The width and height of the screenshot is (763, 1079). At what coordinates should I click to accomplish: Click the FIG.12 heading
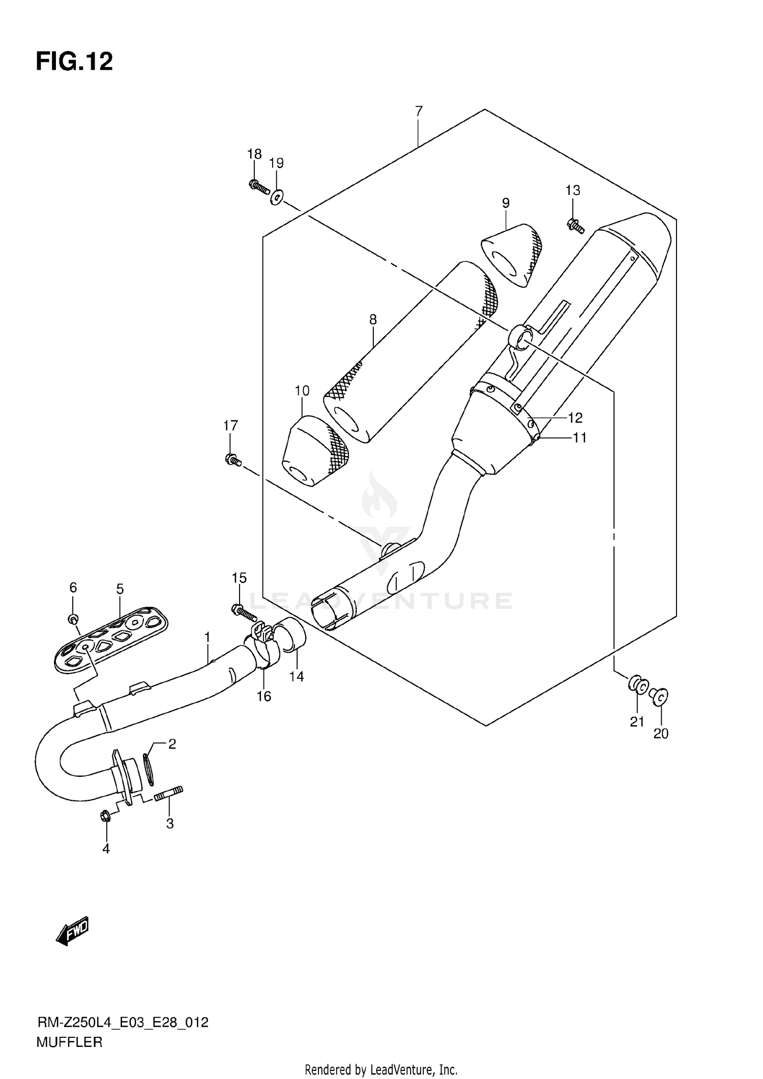(74, 62)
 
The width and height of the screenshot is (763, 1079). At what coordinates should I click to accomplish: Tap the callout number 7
(419, 111)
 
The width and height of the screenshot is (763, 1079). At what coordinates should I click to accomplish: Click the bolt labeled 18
(258, 187)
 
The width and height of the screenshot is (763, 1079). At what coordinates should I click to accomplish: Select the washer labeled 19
(277, 197)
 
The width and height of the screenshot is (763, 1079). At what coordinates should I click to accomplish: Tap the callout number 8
(373, 320)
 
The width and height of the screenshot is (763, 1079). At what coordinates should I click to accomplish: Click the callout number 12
(575, 418)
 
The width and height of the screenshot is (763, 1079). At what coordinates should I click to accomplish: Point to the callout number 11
(579, 437)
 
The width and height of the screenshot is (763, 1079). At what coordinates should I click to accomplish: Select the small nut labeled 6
(73, 618)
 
